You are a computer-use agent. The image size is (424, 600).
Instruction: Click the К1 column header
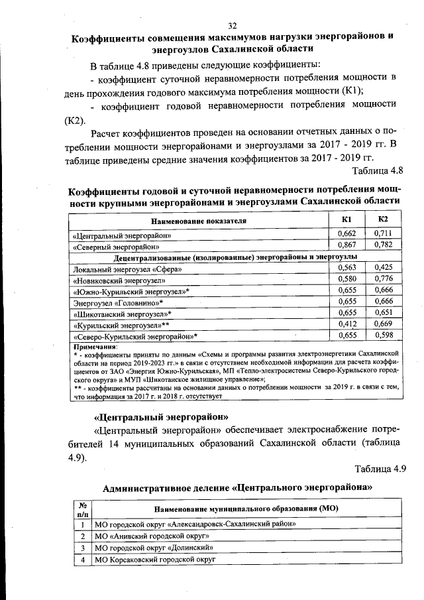[x=346, y=220]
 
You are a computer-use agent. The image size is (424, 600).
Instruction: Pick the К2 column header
[x=383, y=220]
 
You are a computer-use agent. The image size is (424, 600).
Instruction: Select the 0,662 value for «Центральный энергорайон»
[x=347, y=233]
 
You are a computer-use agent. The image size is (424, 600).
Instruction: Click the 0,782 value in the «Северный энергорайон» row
[x=384, y=245]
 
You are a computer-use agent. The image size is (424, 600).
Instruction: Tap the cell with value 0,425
[x=384, y=267]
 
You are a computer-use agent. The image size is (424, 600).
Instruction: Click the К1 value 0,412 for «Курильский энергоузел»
[x=347, y=324]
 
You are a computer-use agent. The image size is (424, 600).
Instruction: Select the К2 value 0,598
[x=384, y=335]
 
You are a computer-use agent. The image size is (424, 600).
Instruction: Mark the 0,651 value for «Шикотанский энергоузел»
[x=384, y=313]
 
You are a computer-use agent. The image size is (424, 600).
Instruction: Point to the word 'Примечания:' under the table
[x=95, y=347]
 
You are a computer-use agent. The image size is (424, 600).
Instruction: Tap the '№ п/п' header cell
[x=82, y=510]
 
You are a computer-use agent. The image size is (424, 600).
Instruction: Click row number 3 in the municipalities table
[x=83, y=548]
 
